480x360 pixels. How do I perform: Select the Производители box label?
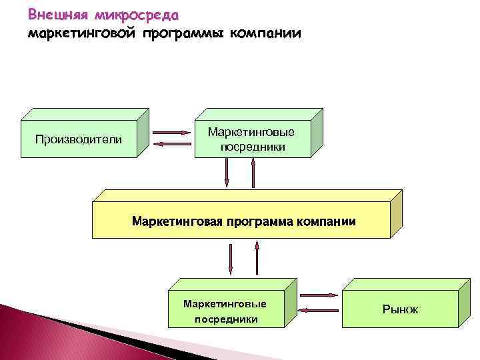(78, 139)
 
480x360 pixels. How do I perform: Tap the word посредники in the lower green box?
(225, 319)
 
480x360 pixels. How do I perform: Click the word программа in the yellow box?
(257, 221)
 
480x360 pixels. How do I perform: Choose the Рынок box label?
(400, 309)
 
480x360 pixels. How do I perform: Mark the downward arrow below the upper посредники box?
(227, 175)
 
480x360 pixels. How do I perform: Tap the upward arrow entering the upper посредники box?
(253, 175)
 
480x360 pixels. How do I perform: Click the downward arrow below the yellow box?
(231, 259)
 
